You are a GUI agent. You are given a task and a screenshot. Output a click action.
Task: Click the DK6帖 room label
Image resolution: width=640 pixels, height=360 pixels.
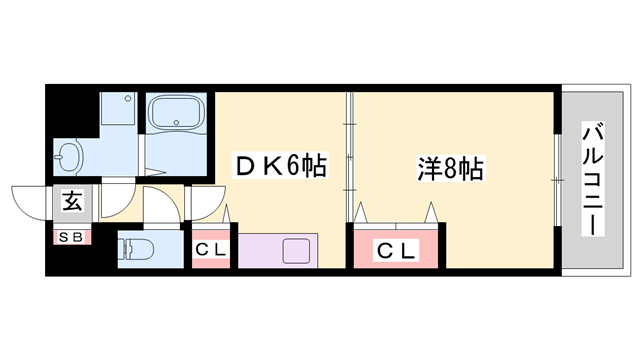pyautogui.click(x=280, y=166)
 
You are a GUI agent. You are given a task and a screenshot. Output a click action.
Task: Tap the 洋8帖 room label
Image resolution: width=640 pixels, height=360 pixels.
pyautogui.click(x=451, y=167)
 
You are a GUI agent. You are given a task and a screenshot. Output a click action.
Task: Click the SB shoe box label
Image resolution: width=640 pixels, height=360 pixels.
pyautogui.click(x=72, y=237)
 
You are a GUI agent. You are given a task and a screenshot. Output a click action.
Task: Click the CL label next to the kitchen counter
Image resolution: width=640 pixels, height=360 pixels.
pyautogui.click(x=211, y=250)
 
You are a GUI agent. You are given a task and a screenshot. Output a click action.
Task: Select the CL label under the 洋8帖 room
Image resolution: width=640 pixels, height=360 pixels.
pyautogui.click(x=395, y=250)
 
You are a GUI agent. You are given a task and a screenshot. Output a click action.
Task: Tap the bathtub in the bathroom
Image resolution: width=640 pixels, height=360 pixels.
pyautogui.click(x=176, y=116)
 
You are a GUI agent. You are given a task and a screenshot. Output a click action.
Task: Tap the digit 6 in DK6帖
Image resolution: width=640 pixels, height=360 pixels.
pyautogui.click(x=292, y=166)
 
